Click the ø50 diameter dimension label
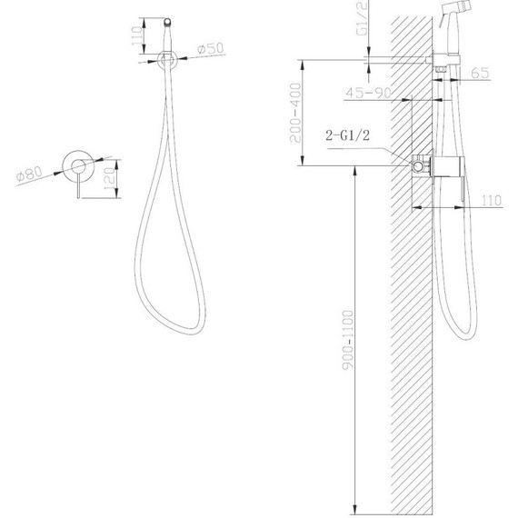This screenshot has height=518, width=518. tap(211, 48)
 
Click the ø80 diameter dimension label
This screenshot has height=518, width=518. tap(30, 174)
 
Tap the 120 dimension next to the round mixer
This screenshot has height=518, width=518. tap(110, 179)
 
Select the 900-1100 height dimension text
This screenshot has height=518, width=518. tap(347, 340)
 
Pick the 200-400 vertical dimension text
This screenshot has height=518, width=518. tap(295, 113)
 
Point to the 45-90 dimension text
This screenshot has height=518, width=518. tap(368, 93)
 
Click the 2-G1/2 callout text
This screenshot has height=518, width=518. tap(347, 135)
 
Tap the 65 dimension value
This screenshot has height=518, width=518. tap(480, 73)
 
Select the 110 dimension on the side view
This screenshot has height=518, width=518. tap(492, 200)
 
